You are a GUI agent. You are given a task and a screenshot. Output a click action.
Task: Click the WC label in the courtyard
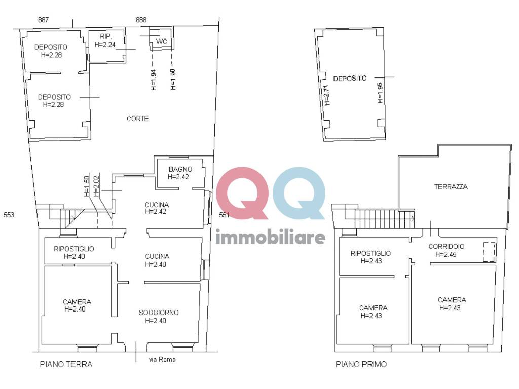point(162,41)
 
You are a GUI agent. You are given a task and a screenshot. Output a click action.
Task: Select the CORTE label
point(137,119)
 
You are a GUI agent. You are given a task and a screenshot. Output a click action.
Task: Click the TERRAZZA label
point(451,186)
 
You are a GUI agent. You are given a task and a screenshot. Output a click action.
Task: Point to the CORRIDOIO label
point(446,246)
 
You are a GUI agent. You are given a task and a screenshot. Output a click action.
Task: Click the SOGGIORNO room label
point(159,313)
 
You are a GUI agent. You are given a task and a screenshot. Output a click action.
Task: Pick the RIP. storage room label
point(105,36)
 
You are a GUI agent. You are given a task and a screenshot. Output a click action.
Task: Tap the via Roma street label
point(162,360)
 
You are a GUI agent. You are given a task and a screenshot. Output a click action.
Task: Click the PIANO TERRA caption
point(66,364)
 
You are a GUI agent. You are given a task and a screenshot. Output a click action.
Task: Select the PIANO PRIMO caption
point(361,364)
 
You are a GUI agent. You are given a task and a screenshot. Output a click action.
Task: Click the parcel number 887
point(44,20)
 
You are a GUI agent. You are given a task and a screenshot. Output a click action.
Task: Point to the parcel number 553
point(9,215)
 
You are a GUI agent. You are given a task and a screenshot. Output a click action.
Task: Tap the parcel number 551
point(224,215)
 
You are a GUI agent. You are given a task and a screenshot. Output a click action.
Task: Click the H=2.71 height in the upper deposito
point(327,95)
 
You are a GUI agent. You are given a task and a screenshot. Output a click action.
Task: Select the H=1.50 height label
point(87,186)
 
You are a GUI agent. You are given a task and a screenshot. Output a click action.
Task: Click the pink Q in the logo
point(241,193)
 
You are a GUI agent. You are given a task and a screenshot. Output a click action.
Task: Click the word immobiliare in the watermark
point(270,237)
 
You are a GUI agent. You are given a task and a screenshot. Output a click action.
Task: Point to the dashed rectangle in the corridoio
point(489,252)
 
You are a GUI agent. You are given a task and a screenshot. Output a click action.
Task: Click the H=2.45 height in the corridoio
point(446,254)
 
